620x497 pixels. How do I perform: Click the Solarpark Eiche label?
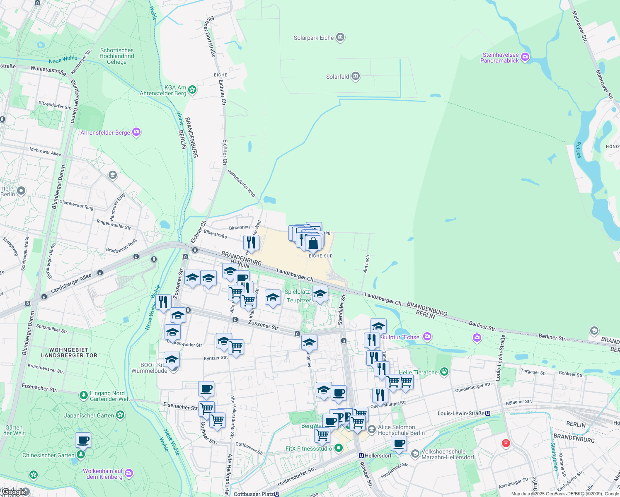point(314,38)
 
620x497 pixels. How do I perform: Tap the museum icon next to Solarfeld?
point(355,76)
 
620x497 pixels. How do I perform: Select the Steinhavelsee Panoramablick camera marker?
point(525,57)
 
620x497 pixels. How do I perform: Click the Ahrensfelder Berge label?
point(105,133)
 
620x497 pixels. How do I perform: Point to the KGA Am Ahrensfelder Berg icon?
point(192,89)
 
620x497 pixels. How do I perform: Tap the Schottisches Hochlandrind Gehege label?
point(117,56)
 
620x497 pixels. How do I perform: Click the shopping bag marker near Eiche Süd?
point(313,243)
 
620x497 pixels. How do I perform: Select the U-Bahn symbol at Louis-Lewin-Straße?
point(488,413)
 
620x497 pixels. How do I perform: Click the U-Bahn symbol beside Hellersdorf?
point(361,455)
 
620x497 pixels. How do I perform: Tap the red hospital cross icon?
point(506,444)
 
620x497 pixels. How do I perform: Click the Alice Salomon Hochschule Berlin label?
point(401,430)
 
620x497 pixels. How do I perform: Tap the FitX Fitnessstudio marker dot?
point(339,448)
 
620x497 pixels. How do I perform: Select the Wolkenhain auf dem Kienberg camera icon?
point(129,473)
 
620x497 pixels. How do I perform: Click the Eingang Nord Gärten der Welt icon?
point(83,396)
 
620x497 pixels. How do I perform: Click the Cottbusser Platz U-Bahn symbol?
point(277,494)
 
